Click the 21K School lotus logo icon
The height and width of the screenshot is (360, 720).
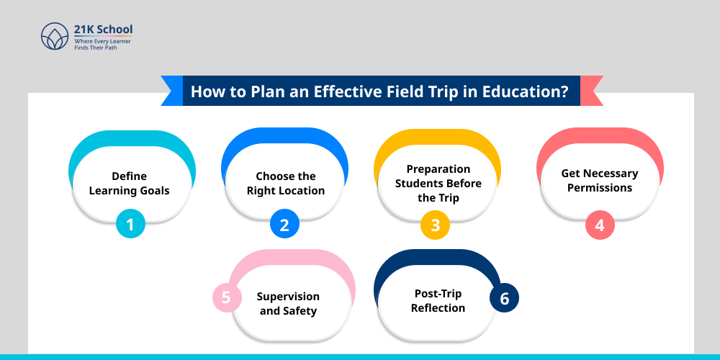(x=55, y=36)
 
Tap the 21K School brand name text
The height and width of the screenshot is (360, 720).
(x=103, y=30)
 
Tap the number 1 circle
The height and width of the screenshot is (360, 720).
(x=130, y=225)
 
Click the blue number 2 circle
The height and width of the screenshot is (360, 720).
(x=284, y=225)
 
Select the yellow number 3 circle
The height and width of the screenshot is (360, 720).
(x=435, y=225)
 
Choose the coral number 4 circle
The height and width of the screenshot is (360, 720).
(x=599, y=225)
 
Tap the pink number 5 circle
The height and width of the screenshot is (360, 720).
(x=226, y=297)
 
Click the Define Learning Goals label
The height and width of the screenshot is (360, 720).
(x=129, y=184)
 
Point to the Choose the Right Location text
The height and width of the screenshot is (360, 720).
(x=286, y=184)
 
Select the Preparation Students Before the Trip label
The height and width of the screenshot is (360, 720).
(x=438, y=184)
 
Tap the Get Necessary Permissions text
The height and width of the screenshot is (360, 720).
(x=600, y=181)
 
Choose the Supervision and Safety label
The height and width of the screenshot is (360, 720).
(x=288, y=304)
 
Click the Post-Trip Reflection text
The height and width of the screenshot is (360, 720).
(x=438, y=301)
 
